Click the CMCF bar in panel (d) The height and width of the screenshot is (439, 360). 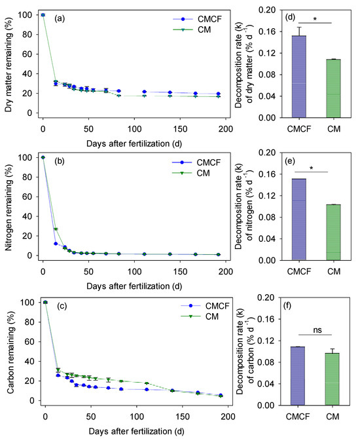coord(299,77)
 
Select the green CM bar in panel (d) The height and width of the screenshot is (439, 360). coord(333,88)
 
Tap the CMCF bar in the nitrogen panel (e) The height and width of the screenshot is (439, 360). coord(299,220)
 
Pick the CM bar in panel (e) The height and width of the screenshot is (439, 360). coord(333,233)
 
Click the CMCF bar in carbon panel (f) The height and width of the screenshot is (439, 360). coord(298,376)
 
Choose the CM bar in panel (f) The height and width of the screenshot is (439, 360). coord(333,379)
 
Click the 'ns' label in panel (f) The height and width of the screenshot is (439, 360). coord(317,330)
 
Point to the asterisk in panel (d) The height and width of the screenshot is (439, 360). coord(315,19)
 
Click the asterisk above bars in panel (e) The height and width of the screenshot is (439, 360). coord(311,168)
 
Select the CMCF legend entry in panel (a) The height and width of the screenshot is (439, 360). coord(197,19)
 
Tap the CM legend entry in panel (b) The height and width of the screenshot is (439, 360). coord(191,173)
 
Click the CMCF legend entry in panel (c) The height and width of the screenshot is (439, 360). coord(206,306)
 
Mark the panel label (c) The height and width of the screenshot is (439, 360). coord(62,306)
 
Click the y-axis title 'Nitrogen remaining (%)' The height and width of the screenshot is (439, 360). coord(9,207)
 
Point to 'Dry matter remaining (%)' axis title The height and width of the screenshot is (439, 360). coord(9,65)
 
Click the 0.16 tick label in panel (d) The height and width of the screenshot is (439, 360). coord(267,31)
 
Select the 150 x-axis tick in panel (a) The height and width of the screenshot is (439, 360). coord(180,129)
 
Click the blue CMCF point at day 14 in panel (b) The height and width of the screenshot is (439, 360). coord(56,244)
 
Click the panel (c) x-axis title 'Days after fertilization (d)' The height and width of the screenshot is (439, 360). coord(137,431)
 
